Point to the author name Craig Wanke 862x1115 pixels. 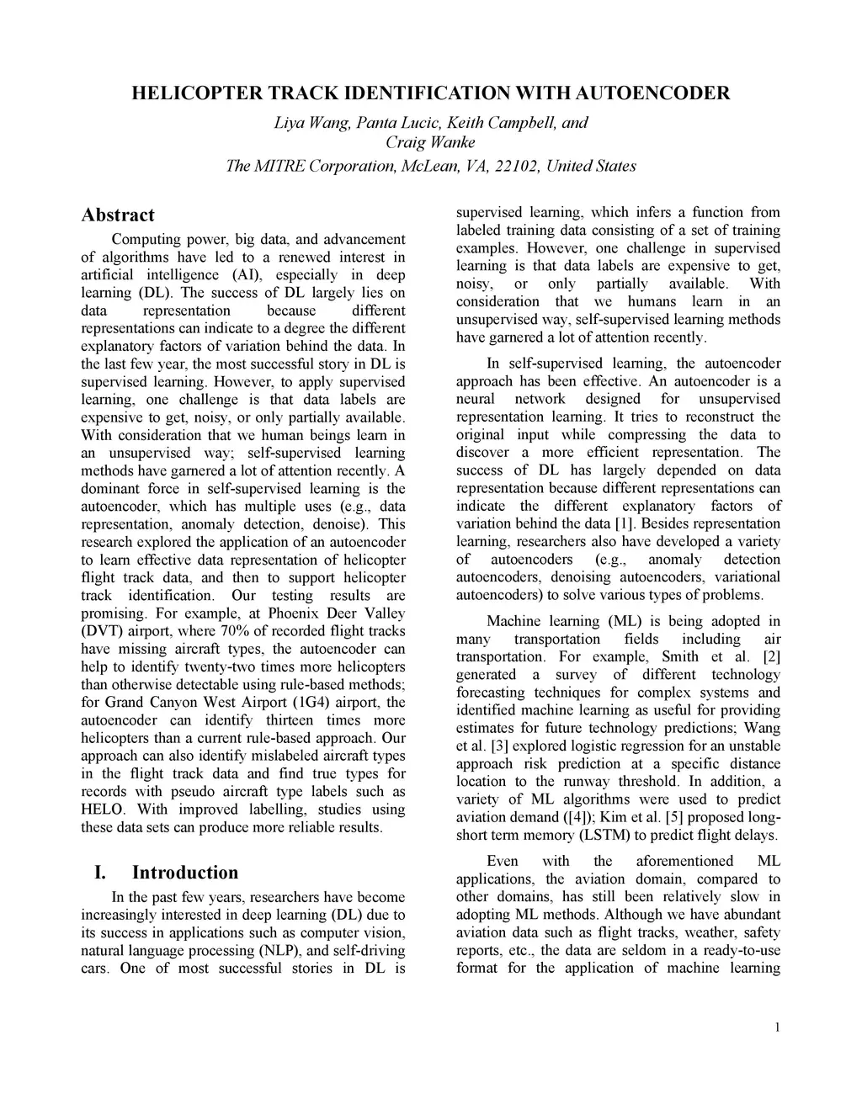point(430,141)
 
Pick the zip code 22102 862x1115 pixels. point(517,166)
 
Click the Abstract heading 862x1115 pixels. point(118,215)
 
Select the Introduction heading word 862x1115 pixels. point(185,872)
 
